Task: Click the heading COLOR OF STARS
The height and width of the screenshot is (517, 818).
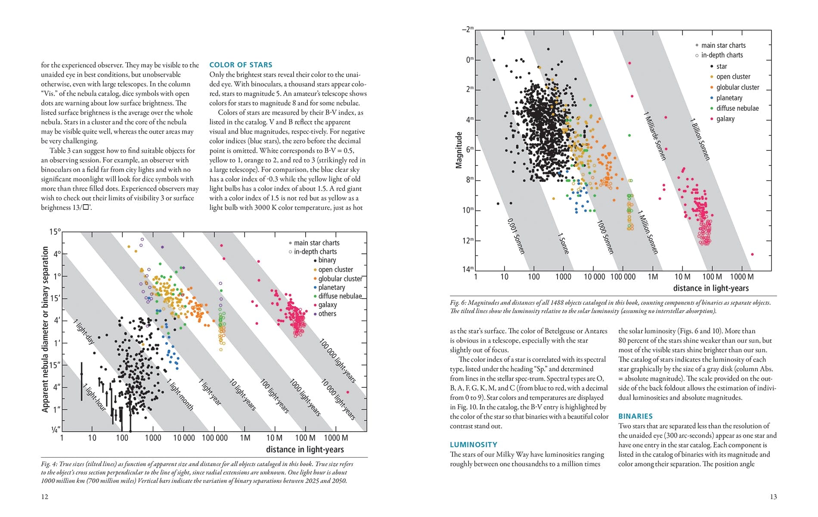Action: (241, 65)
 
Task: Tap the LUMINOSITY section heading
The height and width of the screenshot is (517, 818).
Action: (473, 445)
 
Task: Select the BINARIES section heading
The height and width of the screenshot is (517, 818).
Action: (635, 416)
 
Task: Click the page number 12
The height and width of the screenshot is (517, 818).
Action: (45, 497)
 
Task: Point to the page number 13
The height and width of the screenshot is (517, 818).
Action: (773, 497)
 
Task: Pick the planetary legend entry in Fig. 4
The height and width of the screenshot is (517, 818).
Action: (332, 287)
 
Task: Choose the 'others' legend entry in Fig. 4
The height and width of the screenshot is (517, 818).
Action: (327, 314)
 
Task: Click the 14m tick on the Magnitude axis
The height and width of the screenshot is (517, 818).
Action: (468, 269)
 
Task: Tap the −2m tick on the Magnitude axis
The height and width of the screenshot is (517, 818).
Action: (468, 29)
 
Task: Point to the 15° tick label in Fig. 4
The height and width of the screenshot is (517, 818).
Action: (55, 232)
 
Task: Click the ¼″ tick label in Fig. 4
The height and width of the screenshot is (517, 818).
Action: (56, 430)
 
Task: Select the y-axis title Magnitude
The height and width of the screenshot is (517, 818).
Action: (459, 150)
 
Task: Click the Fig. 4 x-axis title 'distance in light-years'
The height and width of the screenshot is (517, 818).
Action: (305, 449)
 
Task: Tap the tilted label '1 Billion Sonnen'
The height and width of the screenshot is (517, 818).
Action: (700, 139)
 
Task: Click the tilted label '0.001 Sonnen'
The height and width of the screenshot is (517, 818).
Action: (515, 236)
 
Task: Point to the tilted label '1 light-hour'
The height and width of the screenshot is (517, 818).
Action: (94, 397)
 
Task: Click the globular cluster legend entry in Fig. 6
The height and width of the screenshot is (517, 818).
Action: (737, 87)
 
